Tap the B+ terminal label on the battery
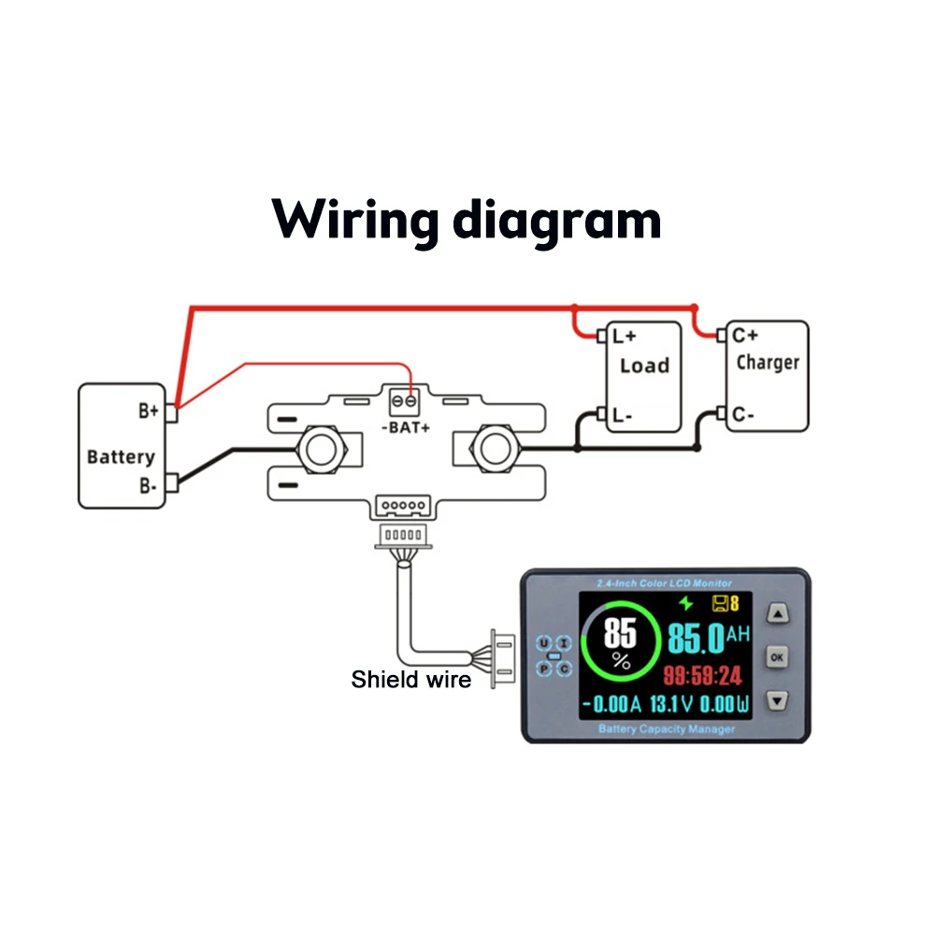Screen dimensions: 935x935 [x=148, y=410]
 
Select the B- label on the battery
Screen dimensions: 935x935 [x=148, y=484]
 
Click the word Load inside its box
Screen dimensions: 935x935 [x=644, y=366]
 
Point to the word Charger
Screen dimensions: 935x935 [x=768, y=362]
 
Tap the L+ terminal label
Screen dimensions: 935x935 [x=624, y=335]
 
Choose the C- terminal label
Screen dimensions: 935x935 [x=744, y=414]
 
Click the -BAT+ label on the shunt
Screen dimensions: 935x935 [x=406, y=428]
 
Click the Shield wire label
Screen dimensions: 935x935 [x=410, y=680]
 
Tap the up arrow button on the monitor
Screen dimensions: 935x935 [x=778, y=614]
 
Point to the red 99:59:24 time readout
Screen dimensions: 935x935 [x=702, y=676]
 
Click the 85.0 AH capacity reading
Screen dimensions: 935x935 [x=708, y=639]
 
